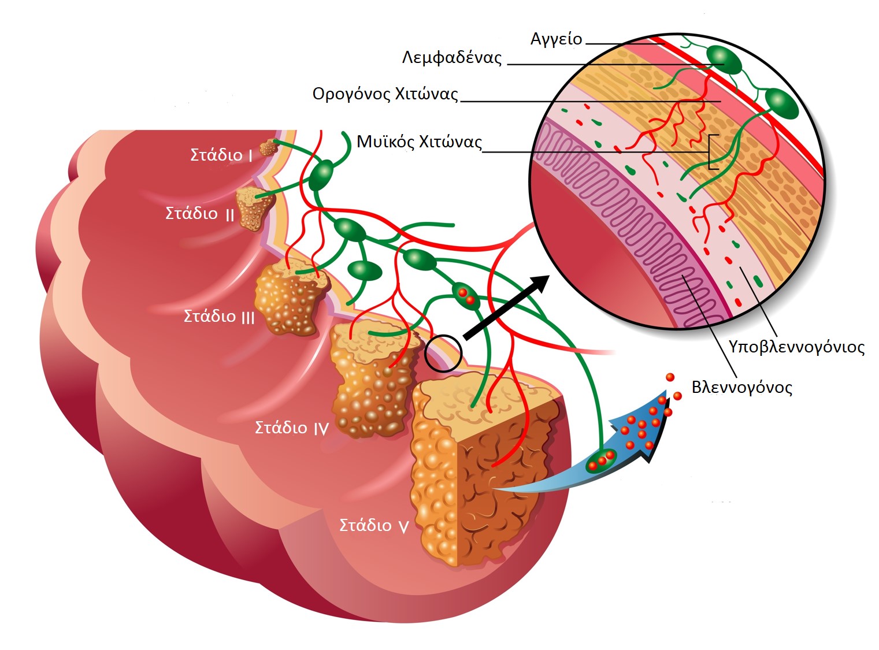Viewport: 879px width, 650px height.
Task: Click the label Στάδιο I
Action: click(221, 155)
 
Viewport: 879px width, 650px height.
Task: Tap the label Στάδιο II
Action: click(200, 213)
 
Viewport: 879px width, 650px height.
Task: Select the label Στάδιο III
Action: click(219, 316)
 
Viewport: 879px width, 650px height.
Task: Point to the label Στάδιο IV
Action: click(292, 427)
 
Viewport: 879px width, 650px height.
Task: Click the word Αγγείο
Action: click(556, 39)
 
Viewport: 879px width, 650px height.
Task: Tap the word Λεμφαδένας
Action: click(452, 57)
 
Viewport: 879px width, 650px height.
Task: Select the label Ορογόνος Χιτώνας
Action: click(385, 94)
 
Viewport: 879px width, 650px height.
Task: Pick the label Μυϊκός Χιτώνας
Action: click(420, 142)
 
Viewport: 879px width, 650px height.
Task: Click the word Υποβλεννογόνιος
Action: click(796, 347)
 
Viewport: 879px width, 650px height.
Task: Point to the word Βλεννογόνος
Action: click(742, 387)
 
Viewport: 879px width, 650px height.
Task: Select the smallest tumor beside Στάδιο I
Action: click(269, 147)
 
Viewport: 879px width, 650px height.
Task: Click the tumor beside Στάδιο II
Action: click(254, 209)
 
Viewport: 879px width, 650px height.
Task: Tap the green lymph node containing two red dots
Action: click(466, 296)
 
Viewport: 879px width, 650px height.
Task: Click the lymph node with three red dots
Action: click(601, 460)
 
